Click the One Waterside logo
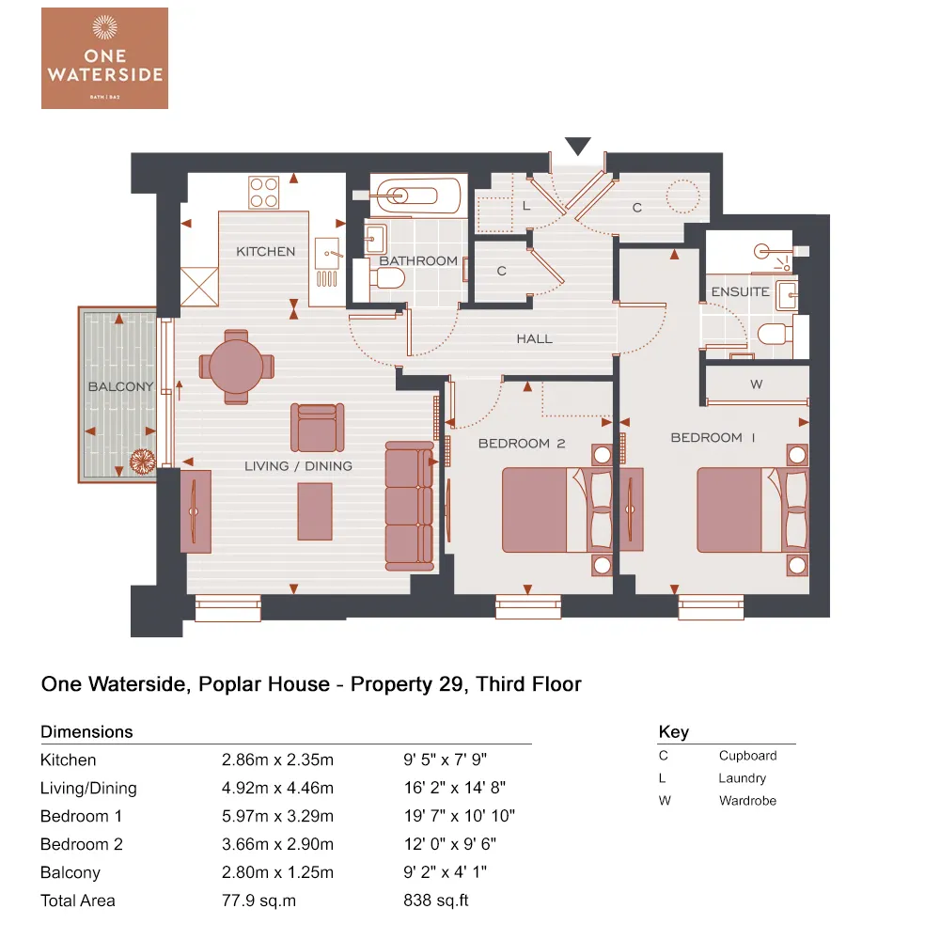coord(104,57)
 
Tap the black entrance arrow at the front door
coord(577,147)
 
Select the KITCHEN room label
coord(265,252)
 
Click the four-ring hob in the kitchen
coord(264,193)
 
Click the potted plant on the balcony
coord(142,461)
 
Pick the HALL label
coord(534,338)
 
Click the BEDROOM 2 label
coord(522,443)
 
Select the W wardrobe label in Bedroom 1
coord(756,384)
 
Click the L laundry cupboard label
coord(526,205)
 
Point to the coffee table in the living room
coord(315,510)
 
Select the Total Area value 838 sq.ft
coord(435,901)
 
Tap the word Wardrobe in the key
coord(747,801)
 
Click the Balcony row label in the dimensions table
coord(70,872)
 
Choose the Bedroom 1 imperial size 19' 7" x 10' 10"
coord(459,816)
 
